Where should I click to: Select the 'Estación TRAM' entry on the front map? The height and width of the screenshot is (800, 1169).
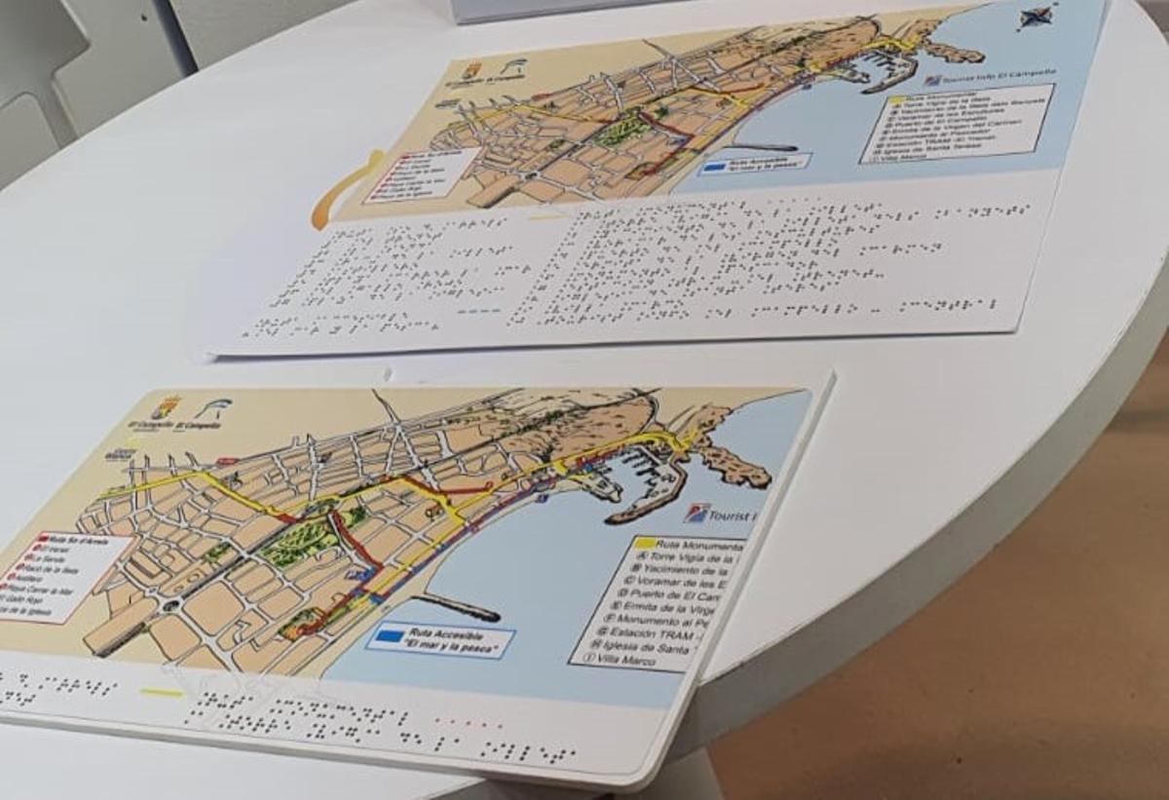coord(661,634)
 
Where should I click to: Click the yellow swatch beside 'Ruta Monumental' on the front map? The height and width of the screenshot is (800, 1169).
coord(642,544)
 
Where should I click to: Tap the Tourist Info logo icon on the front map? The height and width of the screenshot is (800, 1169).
coord(696,513)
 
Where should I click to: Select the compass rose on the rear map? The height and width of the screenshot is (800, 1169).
coord(1036,16)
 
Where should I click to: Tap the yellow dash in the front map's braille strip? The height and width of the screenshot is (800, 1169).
coord(161,693)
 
